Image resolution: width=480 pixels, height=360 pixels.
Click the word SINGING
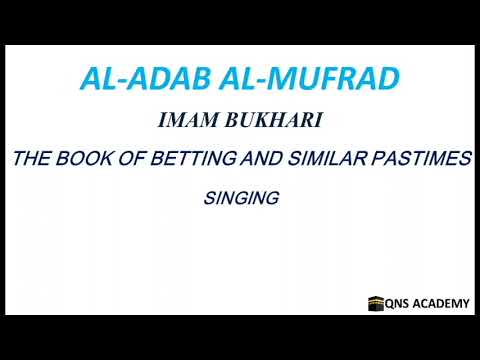(x=240, y=198)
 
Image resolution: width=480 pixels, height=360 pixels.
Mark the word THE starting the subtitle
(x=31, y=160)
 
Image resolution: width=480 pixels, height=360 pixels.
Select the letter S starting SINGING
(x=207, y=198)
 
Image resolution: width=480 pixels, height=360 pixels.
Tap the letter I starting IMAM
(x=161, y=123)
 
